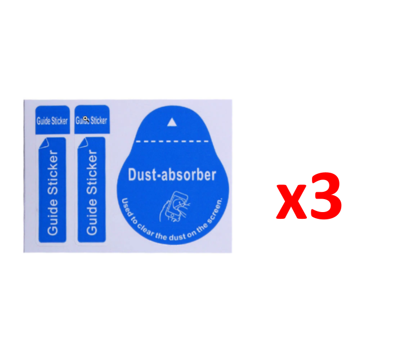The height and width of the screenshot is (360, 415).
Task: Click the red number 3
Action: [325, 196]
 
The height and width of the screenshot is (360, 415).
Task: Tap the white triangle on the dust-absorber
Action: [172, 121]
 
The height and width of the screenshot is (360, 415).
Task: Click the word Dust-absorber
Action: [172, 175]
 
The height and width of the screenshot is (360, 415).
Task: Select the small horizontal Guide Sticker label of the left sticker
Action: [52, 121]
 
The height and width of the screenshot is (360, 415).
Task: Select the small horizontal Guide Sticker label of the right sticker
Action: [92, 120]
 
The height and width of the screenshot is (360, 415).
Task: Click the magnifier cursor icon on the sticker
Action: [85, 119]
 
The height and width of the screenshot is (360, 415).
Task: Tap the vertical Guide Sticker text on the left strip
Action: [52, 193]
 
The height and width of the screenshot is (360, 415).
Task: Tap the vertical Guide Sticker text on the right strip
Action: [92, 193]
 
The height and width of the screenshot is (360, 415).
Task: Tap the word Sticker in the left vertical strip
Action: [52, 175]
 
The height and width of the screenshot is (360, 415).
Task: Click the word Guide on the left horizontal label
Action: [43, 121]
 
